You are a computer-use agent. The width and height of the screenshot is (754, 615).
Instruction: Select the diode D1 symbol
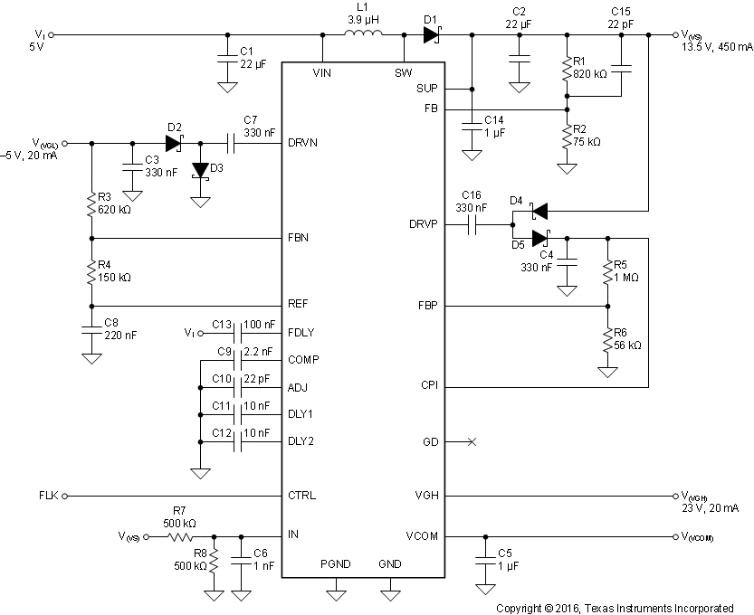431,35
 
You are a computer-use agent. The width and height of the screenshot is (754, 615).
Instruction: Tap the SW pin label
403,71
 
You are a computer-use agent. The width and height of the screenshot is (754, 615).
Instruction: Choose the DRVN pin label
304,143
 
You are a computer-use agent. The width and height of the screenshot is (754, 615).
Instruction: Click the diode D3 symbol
200,172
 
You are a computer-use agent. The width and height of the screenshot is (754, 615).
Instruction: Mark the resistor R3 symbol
91,205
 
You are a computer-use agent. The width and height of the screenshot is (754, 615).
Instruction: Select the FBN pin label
300,238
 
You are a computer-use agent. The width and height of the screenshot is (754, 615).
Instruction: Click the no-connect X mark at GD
471,441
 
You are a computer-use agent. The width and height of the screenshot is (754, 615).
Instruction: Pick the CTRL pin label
301,496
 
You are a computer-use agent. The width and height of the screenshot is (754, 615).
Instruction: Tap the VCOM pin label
423,535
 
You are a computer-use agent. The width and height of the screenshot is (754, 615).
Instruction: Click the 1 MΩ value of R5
626,277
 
